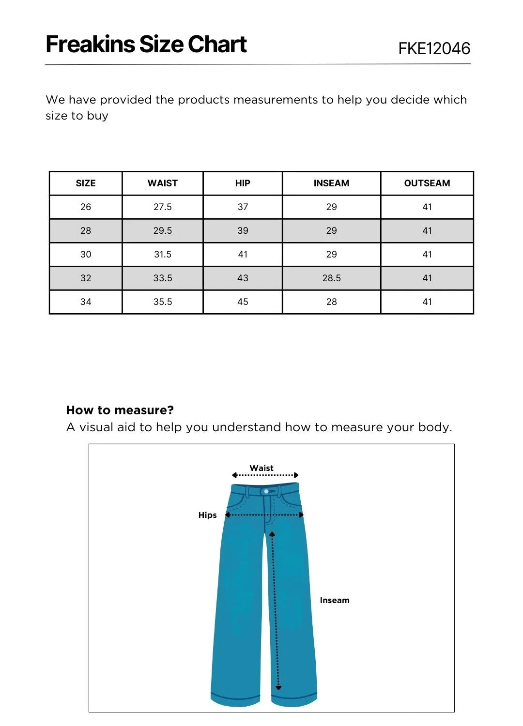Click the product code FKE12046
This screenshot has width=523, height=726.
coord(434,48)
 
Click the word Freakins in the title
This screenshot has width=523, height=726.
coord(90,45)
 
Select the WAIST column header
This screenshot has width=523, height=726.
coord(163,183)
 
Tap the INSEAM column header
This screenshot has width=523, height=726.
coord(331,183)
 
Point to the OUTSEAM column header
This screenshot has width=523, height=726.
coord(427,183)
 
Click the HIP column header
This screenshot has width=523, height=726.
coord(243,183)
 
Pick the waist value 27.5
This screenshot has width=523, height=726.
coord(163,207)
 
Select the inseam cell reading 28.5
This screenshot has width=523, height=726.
coord(331,278)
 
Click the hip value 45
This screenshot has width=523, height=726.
coord(243,302)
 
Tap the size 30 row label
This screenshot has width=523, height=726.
coord(86,255)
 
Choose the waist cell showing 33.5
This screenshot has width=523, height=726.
coord(163,278)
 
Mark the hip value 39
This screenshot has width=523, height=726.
coord(243,231)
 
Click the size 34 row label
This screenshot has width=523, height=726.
coord(86,302)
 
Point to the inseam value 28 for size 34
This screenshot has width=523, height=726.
coord(331,302)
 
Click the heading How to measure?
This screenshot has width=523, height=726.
coord(120,410)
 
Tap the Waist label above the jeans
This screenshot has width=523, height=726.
coord(261,468)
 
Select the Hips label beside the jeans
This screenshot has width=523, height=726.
coord(207,515)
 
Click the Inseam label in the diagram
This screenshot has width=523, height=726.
coord(335,600)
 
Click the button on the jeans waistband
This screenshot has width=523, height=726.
coord(266,491)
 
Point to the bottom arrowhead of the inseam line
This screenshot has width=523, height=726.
coord(278,687)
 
